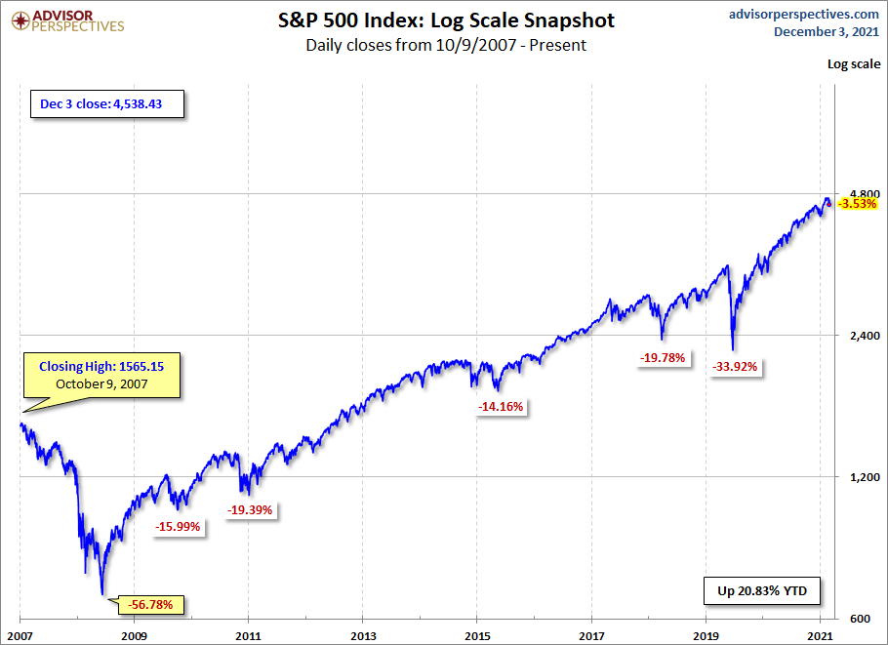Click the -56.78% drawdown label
pos(150,605)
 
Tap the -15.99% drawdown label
pos(178,527)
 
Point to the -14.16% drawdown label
pos(502,407)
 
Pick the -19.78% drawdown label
pos(664,358)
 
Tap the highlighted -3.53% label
pos(858,204)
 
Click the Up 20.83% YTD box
pos(762,591)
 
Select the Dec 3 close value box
pos(105,104)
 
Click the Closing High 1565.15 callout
pos(103,375)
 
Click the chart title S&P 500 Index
pos(445,20)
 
